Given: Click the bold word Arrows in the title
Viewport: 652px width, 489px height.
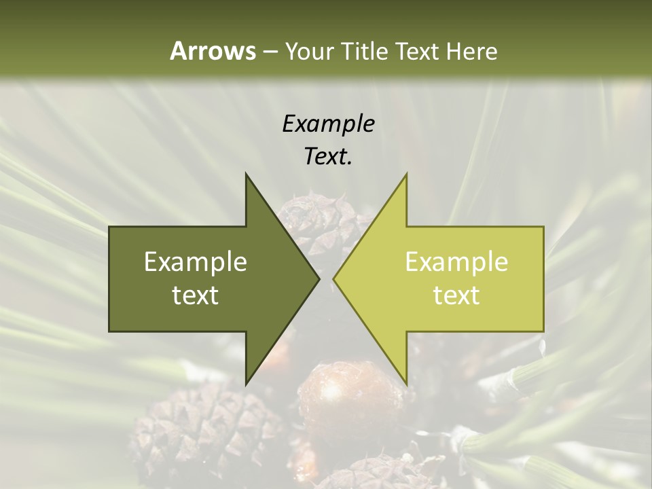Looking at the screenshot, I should tap(213, 51).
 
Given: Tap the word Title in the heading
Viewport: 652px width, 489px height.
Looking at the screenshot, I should tap(362, 51).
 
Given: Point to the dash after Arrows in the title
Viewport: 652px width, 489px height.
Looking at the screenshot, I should tap(270, 52).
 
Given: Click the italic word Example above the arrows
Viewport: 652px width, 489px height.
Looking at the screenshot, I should tap(328, 124).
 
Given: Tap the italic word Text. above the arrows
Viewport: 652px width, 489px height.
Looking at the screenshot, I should tap(328, 156).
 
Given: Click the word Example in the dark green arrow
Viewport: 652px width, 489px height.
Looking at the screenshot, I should tap(195, 261).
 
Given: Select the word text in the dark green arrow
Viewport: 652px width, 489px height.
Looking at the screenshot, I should tap(195, 295).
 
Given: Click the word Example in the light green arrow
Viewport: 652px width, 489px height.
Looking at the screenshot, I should tap(456, 261).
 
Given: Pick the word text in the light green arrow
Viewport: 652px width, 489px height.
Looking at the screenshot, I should tap(456, 295).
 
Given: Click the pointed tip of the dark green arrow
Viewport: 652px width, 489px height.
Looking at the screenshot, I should tap(319, 279).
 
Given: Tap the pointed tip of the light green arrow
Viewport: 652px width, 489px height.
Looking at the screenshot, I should tap(334, 279).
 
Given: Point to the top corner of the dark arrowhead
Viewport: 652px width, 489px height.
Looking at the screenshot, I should tap(246, 175).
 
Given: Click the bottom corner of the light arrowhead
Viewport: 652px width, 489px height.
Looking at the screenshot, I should tap(406, 384).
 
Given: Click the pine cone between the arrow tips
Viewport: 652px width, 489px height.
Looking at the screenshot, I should tap(319, 217).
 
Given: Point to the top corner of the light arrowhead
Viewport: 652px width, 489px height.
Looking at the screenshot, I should tap(406, 175).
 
